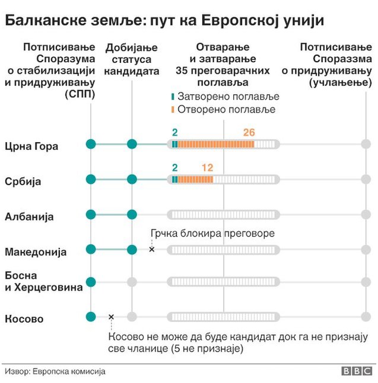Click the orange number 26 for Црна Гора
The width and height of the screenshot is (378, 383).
tap(249, 132)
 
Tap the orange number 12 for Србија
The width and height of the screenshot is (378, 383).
tap(208, 168)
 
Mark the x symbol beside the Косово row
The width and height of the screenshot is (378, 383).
tap(111, 317)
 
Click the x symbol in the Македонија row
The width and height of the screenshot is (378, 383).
tap(151, 250)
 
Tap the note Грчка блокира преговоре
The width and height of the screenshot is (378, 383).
tap(212, 233)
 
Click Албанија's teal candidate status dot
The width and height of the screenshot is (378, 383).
tap(132, 214)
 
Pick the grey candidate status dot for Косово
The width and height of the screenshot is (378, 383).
tap(132, 317)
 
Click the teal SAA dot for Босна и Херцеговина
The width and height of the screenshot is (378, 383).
tap(91, 282)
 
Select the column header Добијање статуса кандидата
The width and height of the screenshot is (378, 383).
tap(132, 59)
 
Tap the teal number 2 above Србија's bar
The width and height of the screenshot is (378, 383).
tap(174, 168)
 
